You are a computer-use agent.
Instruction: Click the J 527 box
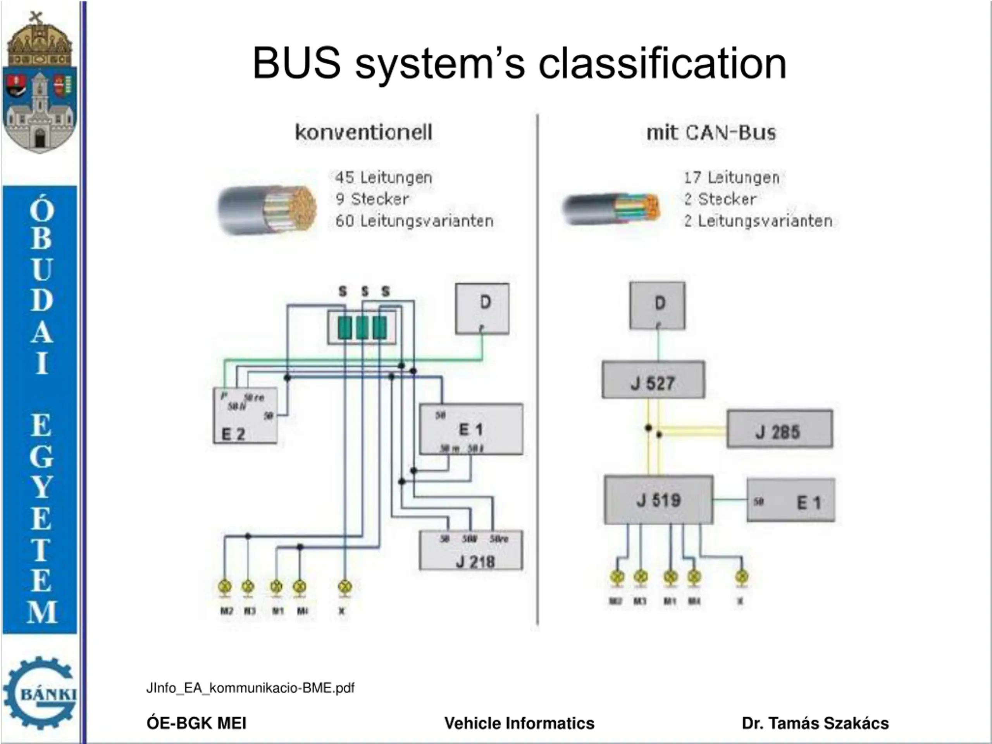[x=653, y=380]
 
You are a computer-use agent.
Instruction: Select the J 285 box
[x=779, y=429]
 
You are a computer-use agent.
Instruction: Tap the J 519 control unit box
[x=658, y=499]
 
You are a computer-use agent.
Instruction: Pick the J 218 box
[x=471, y=551]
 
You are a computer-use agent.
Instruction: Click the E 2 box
[x=245, y=416]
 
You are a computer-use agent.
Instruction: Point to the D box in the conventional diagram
[x=482, y=308]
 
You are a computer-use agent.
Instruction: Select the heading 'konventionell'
[x=364, y=132]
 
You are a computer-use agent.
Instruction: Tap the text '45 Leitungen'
[x=384, y=177]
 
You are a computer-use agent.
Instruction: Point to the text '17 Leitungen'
[x=732, y=177]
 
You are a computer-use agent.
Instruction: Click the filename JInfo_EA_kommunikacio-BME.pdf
[x=250, y=688]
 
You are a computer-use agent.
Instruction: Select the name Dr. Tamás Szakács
[x=815, y=723]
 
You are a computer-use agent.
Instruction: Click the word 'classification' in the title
[x=662, y=64]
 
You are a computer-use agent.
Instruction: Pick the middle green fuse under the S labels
[x=362, y=327]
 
